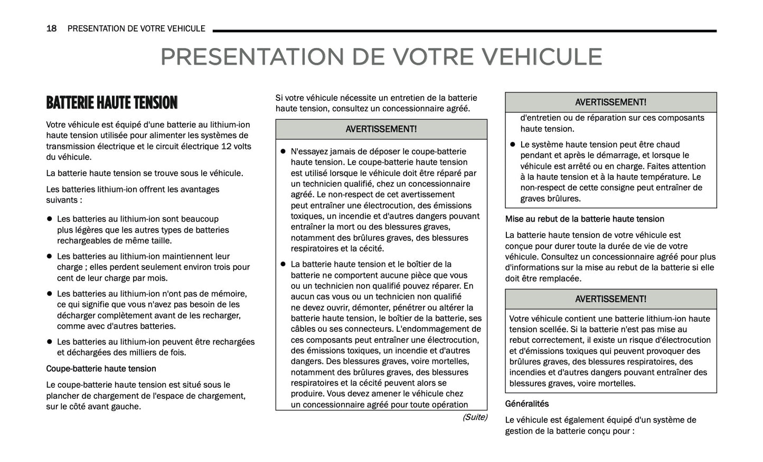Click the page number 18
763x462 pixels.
(x=51, y=28)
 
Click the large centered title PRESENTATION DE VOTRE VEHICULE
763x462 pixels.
(x=381, y=57)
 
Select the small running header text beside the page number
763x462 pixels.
(x=136, y=28)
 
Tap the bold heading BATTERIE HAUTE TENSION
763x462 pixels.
(x=111, y=102)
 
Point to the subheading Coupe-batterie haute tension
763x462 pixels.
(x=101, y=369)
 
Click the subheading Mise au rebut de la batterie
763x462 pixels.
(x=585, y=219)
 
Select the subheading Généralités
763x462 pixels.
(x=526, y=404)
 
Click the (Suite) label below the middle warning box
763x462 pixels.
(x=474, y=417)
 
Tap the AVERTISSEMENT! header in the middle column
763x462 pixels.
(x=381, y=129)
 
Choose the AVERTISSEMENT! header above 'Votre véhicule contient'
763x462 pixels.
(x=610, y=299)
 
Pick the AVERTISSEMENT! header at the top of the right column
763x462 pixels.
(x=610, y=102)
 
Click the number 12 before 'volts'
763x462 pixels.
(x=227, y=147)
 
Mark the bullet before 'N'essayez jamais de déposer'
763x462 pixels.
(x=283, y=151)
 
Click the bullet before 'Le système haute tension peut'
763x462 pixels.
(x=512, y=145)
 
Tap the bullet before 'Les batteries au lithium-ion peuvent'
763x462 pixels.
(x=49, y=342)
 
